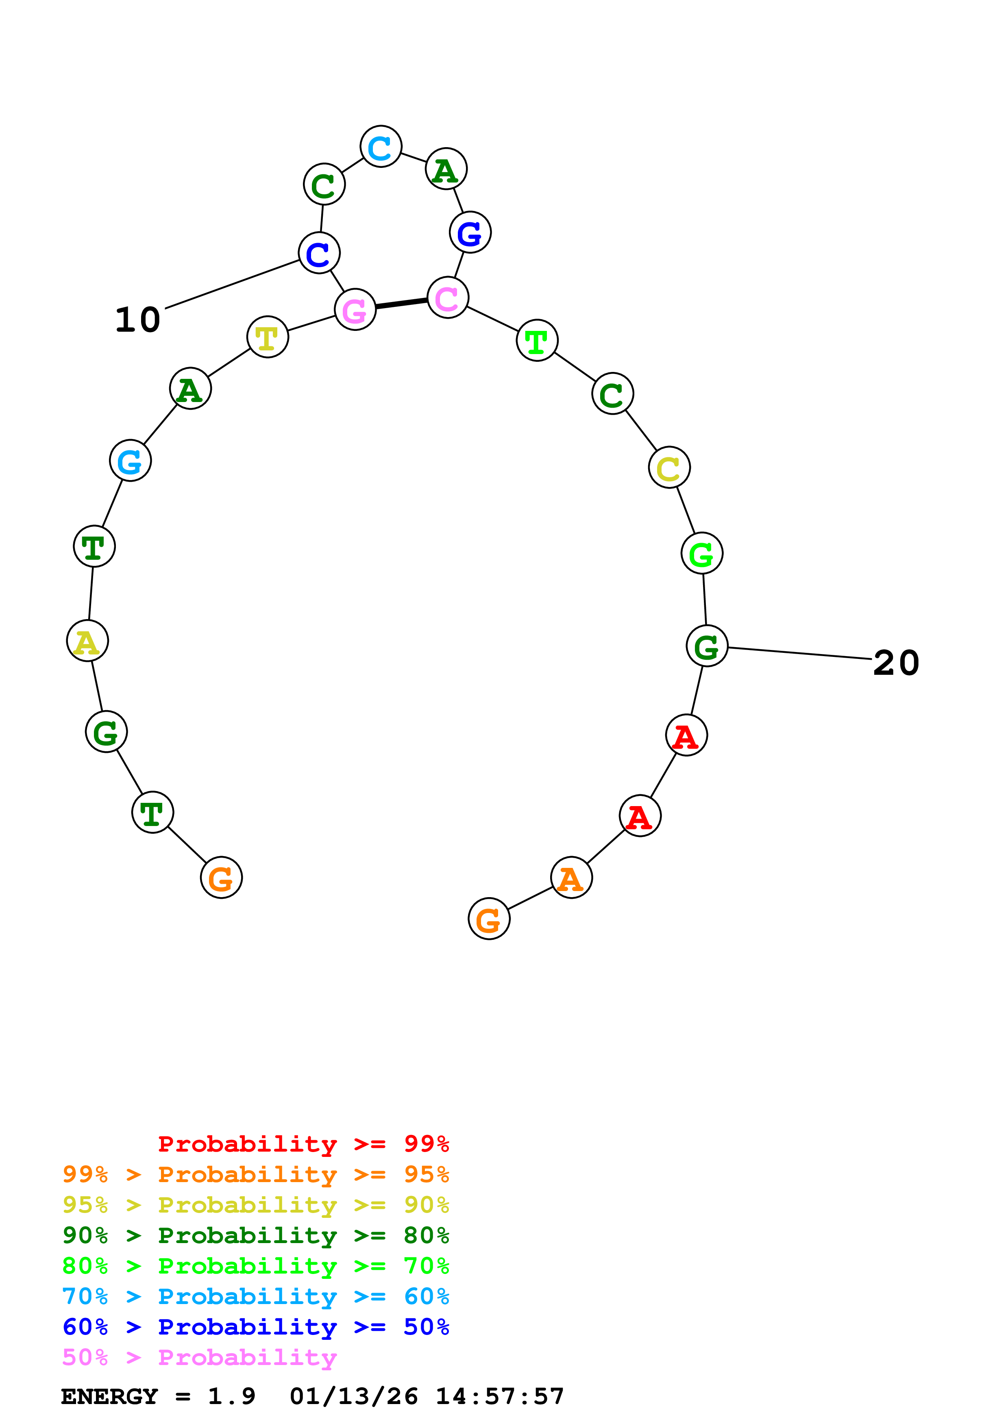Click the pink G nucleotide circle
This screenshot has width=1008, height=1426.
coord(355,309)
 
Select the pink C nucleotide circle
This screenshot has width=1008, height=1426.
coord(447,298)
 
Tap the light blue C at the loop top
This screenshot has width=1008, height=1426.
coord(381,147)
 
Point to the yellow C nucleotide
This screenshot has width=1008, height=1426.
coord(669,467)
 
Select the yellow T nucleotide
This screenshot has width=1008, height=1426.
coord(268,337)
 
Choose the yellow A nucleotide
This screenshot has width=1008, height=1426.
coord(87,641)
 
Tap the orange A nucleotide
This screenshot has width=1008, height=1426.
coord(571,878)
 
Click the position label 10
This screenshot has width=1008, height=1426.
coord(138,320)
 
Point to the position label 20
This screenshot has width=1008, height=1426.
coord(896,663)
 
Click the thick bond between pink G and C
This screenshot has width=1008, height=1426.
coord(401,304)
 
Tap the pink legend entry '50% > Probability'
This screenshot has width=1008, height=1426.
coord(199,1358)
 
